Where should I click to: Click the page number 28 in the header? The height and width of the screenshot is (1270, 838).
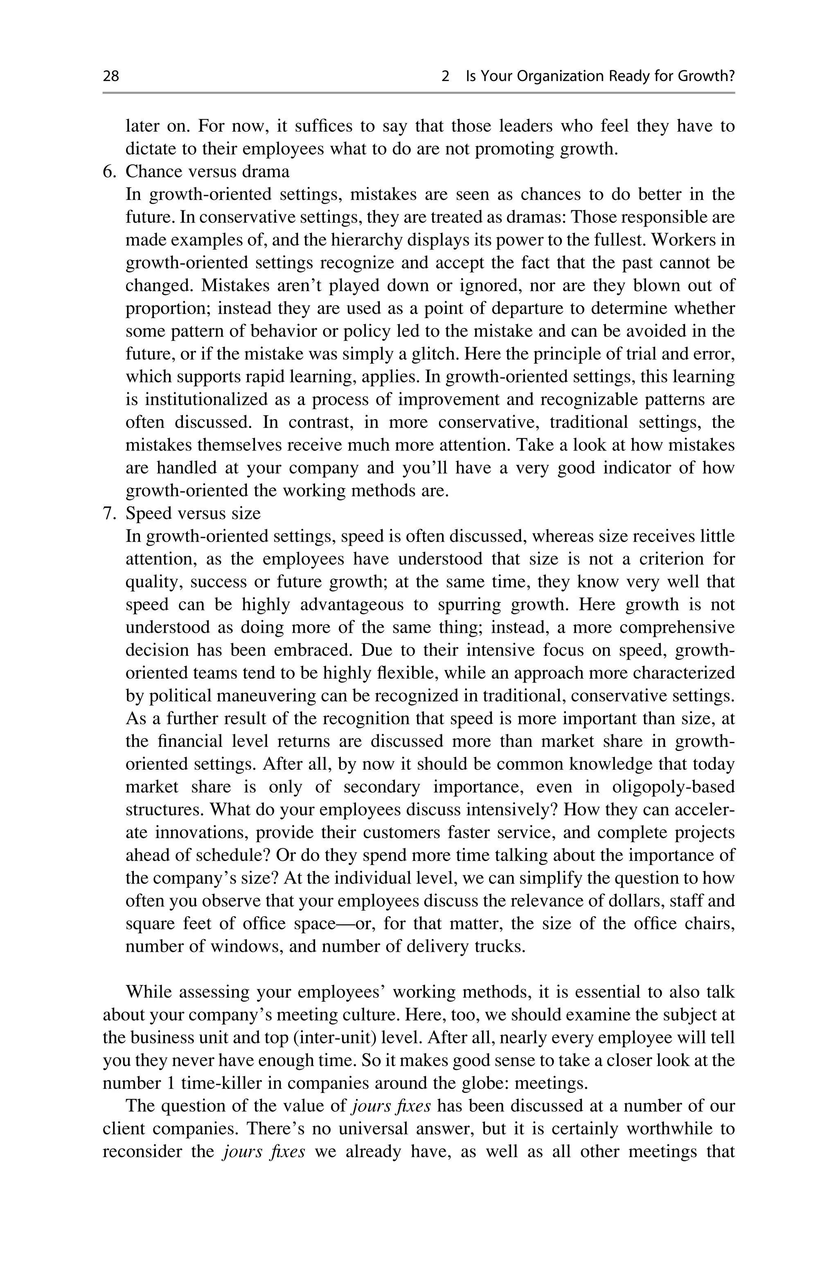[x=111, y=76]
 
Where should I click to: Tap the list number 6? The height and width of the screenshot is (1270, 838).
[x=108, y=172]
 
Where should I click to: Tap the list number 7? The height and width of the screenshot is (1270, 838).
[x=108, y=514]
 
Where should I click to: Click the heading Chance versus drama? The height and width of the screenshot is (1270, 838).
[x=207, y=172]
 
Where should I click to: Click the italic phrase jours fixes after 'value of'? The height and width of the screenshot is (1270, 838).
[x=391, y=1106]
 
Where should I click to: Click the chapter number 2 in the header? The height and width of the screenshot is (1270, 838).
[x=445, y=76]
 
